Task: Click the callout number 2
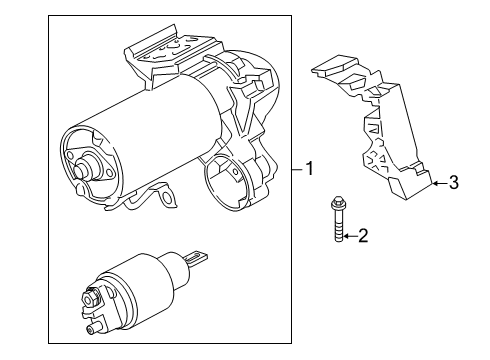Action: tap(363, 236)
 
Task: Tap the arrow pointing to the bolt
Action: tap(349, 237)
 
